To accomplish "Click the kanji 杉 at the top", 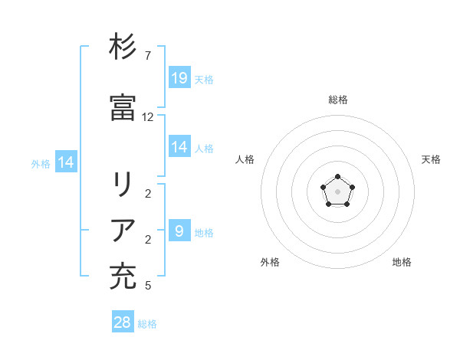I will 123,47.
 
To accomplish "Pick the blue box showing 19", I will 179,77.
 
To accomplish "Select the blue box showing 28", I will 123,322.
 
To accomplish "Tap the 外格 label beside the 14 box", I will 41,162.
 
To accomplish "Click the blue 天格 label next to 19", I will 204,79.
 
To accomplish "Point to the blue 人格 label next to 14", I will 204,148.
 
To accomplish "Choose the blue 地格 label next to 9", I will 204,231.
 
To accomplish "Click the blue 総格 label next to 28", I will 147,323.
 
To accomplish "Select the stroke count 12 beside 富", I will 148,117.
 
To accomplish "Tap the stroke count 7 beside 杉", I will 147,55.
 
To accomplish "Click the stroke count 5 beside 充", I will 147,285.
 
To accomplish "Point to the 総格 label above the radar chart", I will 338,100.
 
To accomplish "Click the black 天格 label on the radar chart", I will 431,159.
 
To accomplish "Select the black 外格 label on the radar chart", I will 270,262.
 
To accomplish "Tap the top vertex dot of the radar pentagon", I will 337,177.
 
